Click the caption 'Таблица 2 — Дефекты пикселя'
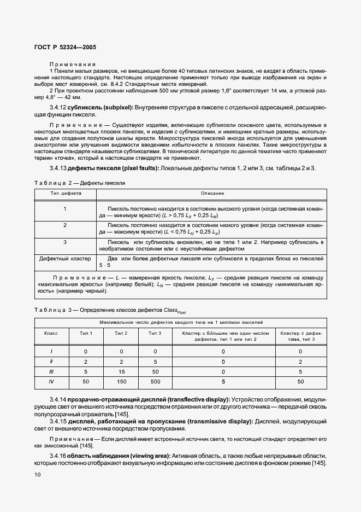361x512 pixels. pyautogui.click(x=79, y=183)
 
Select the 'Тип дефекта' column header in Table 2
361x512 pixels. pyautogui.click(x=66, y=194)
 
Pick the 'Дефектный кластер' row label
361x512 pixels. pyautogui.click(x=65, y=258)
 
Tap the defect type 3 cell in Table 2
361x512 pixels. pyautogui.click(x=65, y=241)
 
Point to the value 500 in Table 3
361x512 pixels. pyautogui.click(x=156, y=381)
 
